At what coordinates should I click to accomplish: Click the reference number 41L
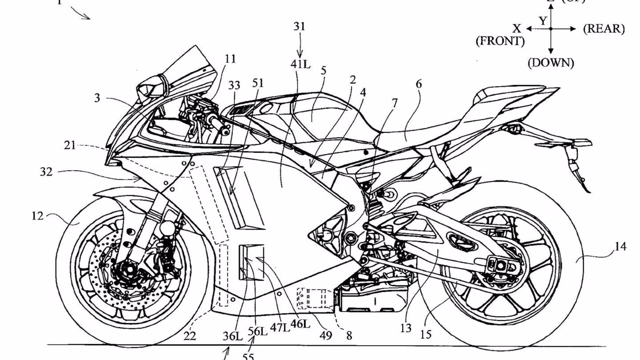[300, 64]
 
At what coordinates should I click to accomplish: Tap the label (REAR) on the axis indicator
[604, 29]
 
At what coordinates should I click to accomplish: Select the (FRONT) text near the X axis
[500, 41]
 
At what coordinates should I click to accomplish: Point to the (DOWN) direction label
[551, 63]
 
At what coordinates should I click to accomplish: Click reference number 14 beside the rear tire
[620, 247]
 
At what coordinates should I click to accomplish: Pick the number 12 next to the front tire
[37, 216]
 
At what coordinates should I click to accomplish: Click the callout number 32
[46, 172]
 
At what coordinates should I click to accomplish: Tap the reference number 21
[70, 145]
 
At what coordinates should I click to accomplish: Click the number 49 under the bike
[326, 335]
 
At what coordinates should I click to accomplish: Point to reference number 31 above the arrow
[300, 27]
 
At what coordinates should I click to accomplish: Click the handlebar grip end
[225, 131]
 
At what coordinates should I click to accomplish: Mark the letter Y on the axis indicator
[543, 21]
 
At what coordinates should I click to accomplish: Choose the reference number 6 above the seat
[419, 84]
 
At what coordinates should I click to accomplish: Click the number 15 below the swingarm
[426, 334]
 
